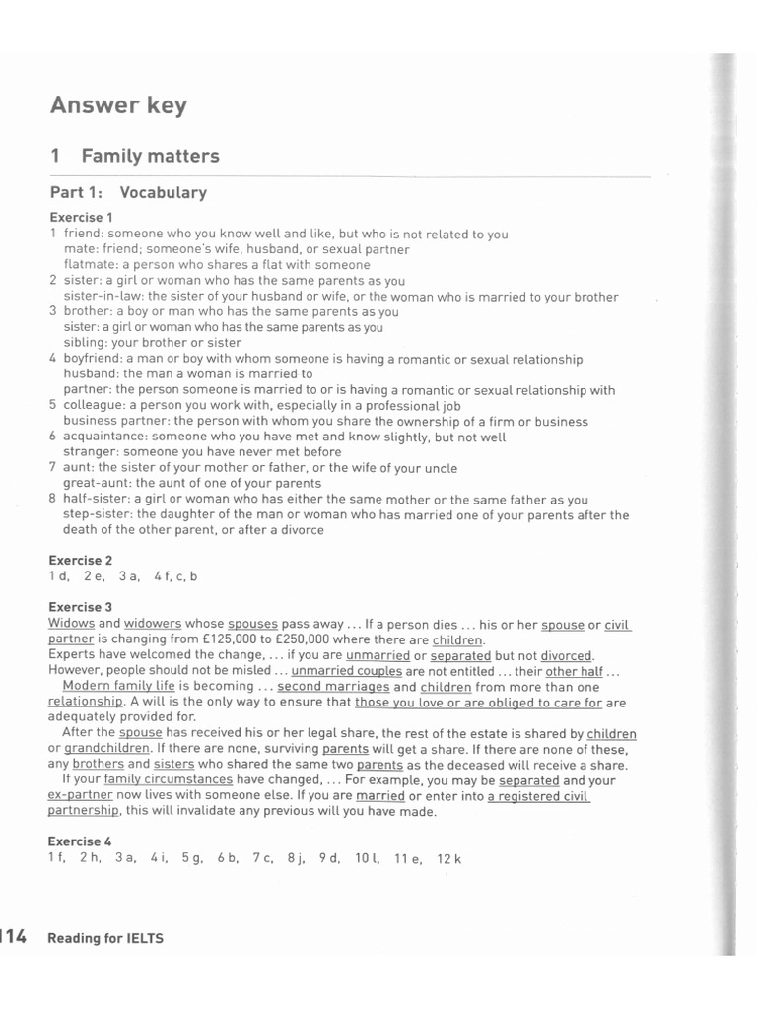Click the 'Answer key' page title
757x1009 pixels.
tap(118, 105)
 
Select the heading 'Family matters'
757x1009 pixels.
tap(150, 156)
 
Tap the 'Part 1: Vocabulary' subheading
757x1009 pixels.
tap(128, 192)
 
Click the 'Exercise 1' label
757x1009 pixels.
tap(81, 218)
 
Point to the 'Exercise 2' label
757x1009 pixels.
tap(81, 560)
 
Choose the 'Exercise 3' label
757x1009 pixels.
tap(81, 607)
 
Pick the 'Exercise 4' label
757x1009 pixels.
tap(81, 841)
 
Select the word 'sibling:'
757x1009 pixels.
tap(87, 343)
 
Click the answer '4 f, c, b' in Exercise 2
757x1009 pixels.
tap(175, 576)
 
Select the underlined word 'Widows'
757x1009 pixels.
tap(71, 624)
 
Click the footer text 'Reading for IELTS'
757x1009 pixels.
tap(105, 938)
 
